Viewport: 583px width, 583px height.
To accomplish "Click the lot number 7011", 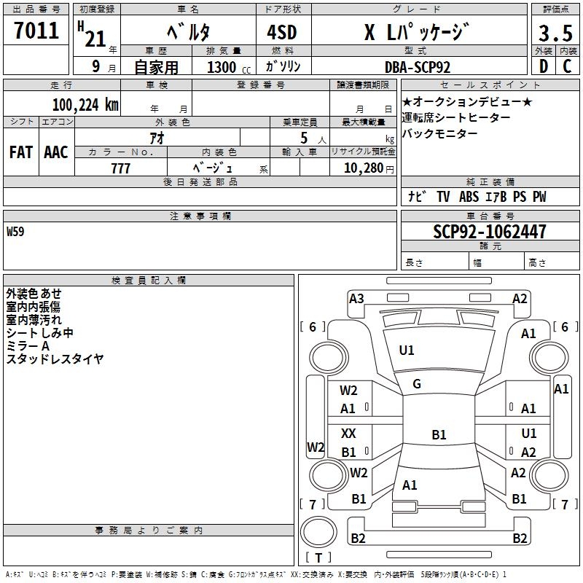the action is coord(36,31).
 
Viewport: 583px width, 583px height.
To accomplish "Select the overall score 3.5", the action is coord(555,34).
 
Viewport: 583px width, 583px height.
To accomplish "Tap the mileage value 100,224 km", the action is coord(85,105).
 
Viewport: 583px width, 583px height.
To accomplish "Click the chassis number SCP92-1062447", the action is coord(489,232).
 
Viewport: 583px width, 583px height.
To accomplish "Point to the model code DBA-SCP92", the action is coord(418,66).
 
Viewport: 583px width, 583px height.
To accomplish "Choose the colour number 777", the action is coord(120,168).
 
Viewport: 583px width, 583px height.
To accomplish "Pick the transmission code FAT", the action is coord(21,152).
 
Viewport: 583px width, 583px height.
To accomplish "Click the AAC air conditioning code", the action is coord(56,152).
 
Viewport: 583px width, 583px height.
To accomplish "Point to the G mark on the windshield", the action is coord(417,384).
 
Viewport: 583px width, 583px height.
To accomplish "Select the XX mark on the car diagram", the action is coord(349,434).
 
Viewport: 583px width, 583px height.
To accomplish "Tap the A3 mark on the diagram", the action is coord(356,298).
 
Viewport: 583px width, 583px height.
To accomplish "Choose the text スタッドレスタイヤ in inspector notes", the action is coord(55,359).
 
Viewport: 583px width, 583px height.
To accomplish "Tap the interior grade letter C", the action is coord(567,66).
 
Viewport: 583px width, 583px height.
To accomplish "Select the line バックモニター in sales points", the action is coord(440,133).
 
